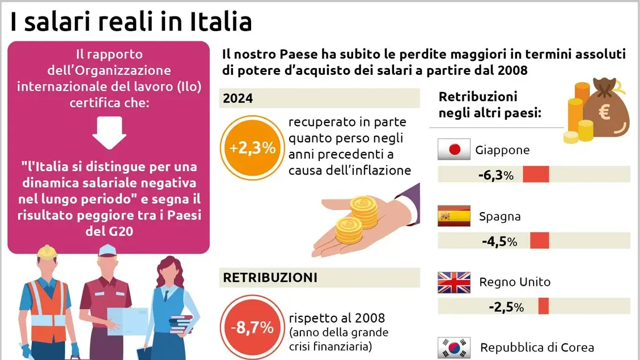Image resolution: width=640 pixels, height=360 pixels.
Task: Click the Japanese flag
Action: [x=454, y=150]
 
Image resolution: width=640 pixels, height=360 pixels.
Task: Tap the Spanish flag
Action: [x=454, y=216]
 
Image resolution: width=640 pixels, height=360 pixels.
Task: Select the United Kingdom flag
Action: [x=454, y=282]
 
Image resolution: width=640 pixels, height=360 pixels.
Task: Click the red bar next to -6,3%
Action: [x=536, y=175]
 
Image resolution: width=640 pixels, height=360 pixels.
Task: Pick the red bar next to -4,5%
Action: [x=539, y=241]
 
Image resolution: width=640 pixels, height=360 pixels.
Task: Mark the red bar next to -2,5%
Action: [x=543, y=307]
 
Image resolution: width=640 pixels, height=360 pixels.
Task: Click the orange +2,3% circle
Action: [x=252, y=149]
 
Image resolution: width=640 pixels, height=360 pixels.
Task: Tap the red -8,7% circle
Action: [x=252, y=327]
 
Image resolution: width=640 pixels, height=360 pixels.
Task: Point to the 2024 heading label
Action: [x=238, y=98]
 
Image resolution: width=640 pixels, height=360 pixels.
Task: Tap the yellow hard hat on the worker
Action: [x=46, y=252]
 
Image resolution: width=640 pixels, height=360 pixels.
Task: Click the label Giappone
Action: [x=502, y=150]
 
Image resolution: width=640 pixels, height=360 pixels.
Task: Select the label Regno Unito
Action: [x=515, y=282]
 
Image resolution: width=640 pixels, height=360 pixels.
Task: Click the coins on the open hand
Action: [x=356, y=219]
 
